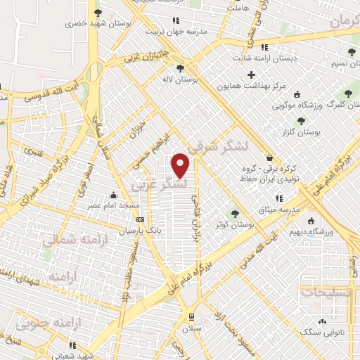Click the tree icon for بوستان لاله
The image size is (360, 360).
pyautogui.click(x=181, y=68)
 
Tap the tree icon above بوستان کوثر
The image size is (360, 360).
pyautogui.click(x=235, y=213)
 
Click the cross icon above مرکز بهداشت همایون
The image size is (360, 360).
pyautogui.click(x=251, y=75)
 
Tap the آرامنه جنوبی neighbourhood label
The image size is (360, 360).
pyautogui.click(x=78, y=322)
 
